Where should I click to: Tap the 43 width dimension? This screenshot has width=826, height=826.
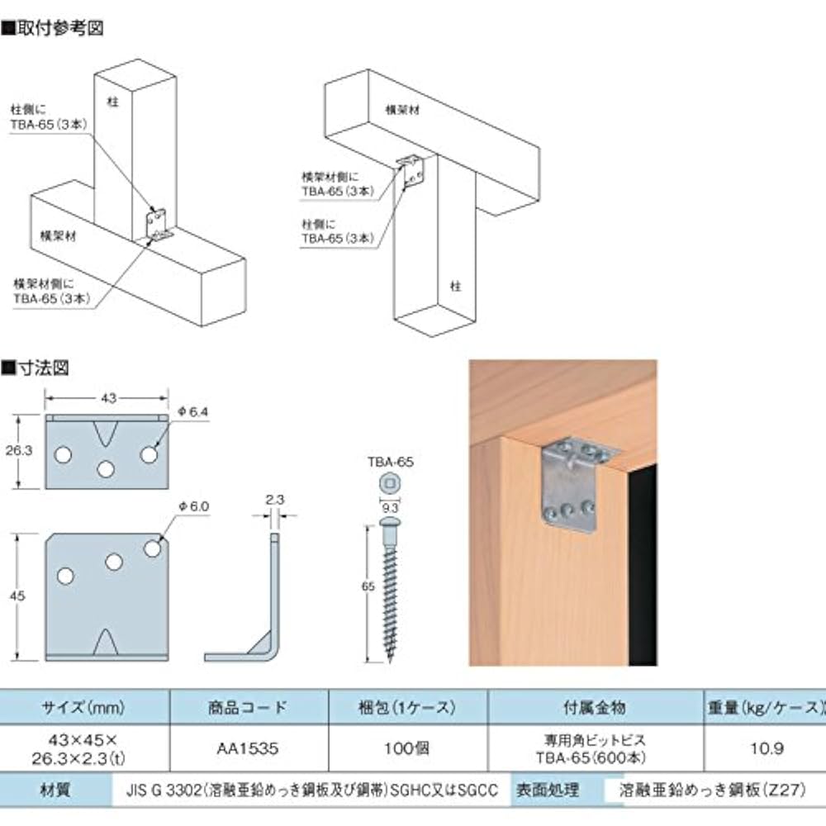click(x=107, y=398)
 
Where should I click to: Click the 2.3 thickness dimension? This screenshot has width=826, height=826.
click(x=276, y=499)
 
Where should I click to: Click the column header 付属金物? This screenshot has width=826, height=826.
click(x=596, y=708)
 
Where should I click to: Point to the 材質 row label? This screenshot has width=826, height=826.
click(x=55, y=790)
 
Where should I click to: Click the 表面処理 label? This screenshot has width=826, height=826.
click(x=549, y=790)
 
